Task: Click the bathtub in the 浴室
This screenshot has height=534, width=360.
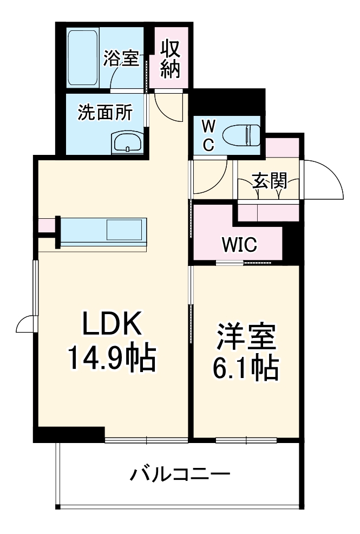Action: click(83, 57)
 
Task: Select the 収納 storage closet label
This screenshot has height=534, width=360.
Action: click(170, 59)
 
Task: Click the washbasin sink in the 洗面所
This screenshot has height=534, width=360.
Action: click(127, 143)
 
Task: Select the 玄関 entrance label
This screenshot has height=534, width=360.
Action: click(270, 181)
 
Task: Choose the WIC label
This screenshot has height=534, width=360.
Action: click(238, 245)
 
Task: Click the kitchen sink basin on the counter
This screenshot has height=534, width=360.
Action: click(126, 230)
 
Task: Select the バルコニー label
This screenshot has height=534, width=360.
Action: click(180, 476)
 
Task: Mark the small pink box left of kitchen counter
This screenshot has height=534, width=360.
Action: click(46, 225)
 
